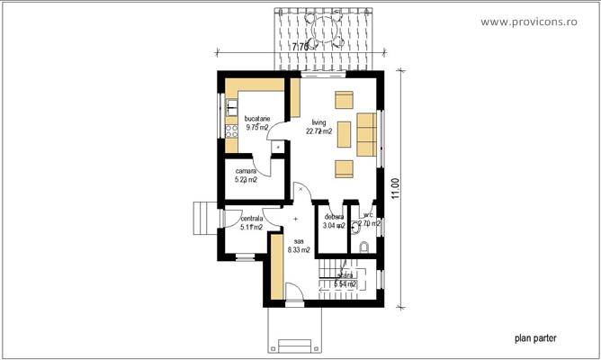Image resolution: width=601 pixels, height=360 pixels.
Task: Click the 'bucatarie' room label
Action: click(x=256, y=118)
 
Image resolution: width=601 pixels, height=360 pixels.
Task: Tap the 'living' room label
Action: click(x=318, y=121)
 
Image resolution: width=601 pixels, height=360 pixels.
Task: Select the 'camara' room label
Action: click(x=247, y=170)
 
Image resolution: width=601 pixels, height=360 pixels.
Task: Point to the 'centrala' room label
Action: click(x=251, y=218)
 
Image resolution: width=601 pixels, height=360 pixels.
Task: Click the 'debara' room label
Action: click(x=335, y=216)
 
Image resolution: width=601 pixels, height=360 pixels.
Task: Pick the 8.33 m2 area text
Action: click(x=299, y=249)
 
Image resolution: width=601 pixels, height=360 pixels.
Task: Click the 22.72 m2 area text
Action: click(x=318, y=131)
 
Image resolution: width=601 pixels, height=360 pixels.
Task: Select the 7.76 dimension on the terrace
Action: click(x=300, y=44)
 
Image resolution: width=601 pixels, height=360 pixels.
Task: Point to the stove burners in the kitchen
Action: click(x=231, y=133)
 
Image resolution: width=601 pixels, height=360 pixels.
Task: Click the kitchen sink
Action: click(x=231, y=109)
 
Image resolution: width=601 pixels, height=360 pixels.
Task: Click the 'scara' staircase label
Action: click(x=345, y=275)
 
